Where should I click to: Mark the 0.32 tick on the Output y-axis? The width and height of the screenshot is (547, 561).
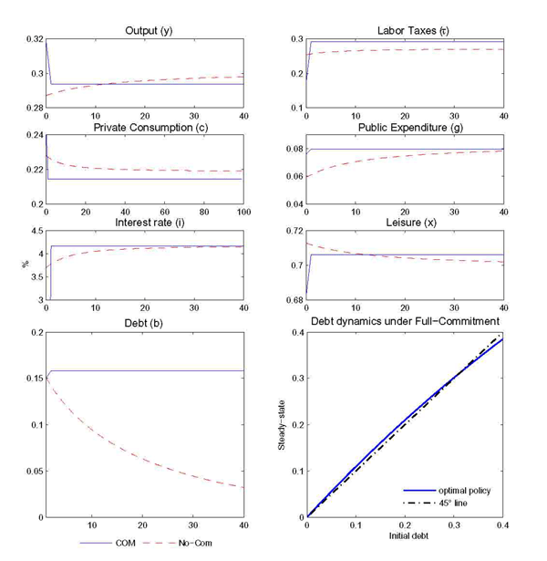pos(32,39)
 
